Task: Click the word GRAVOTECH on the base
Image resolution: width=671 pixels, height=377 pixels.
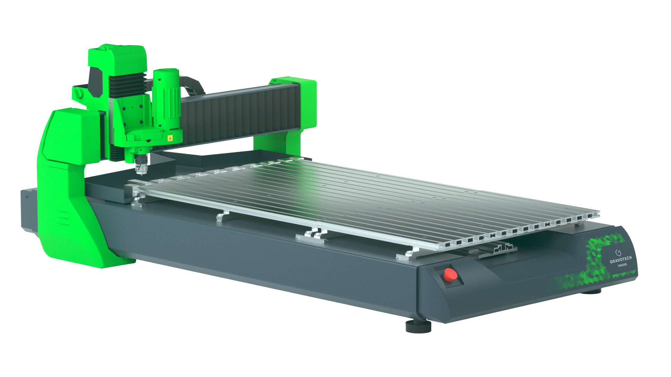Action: (621, 259)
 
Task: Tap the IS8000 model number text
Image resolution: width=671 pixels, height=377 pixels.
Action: (622, 265)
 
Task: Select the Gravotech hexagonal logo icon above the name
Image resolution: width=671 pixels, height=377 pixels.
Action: (618, 252)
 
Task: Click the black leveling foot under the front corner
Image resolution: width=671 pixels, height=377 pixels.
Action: (418, 327)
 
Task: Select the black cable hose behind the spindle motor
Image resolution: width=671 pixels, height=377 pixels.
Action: (193, 86)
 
